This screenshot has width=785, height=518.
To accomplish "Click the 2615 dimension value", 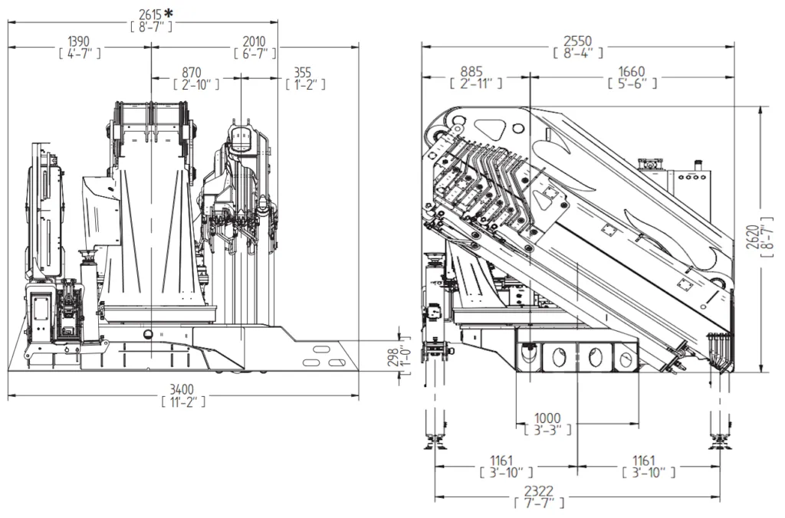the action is point(151,15).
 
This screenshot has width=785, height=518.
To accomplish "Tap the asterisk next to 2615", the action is point(169,12).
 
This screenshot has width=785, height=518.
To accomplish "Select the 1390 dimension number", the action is point(79,41).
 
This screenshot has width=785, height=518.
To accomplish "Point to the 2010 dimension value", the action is point(255,41).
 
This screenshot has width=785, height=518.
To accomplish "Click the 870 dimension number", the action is point(192,73).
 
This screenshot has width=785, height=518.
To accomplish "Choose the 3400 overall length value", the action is point(182,389).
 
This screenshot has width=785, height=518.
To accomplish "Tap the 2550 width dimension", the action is point(578,41).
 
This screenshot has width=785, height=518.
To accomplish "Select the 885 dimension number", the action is point(471,72).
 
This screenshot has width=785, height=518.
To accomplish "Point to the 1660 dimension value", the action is point(632,72).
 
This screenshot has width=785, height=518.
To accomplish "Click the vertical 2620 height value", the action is point(753,238).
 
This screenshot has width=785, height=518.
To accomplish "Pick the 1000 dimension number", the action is point(547,418).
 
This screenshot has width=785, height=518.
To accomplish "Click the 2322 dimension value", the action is point(539,491).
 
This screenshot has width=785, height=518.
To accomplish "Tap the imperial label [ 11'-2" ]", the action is point(183,401).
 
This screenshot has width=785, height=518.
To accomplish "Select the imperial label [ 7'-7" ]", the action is point(539,503).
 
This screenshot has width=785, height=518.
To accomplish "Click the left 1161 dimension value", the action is point(501,461).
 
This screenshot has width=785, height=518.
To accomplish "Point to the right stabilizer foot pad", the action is point(721,443).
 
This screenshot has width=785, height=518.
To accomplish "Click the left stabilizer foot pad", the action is point(435,443).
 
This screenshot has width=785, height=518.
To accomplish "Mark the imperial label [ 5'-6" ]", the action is point(632,83).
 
